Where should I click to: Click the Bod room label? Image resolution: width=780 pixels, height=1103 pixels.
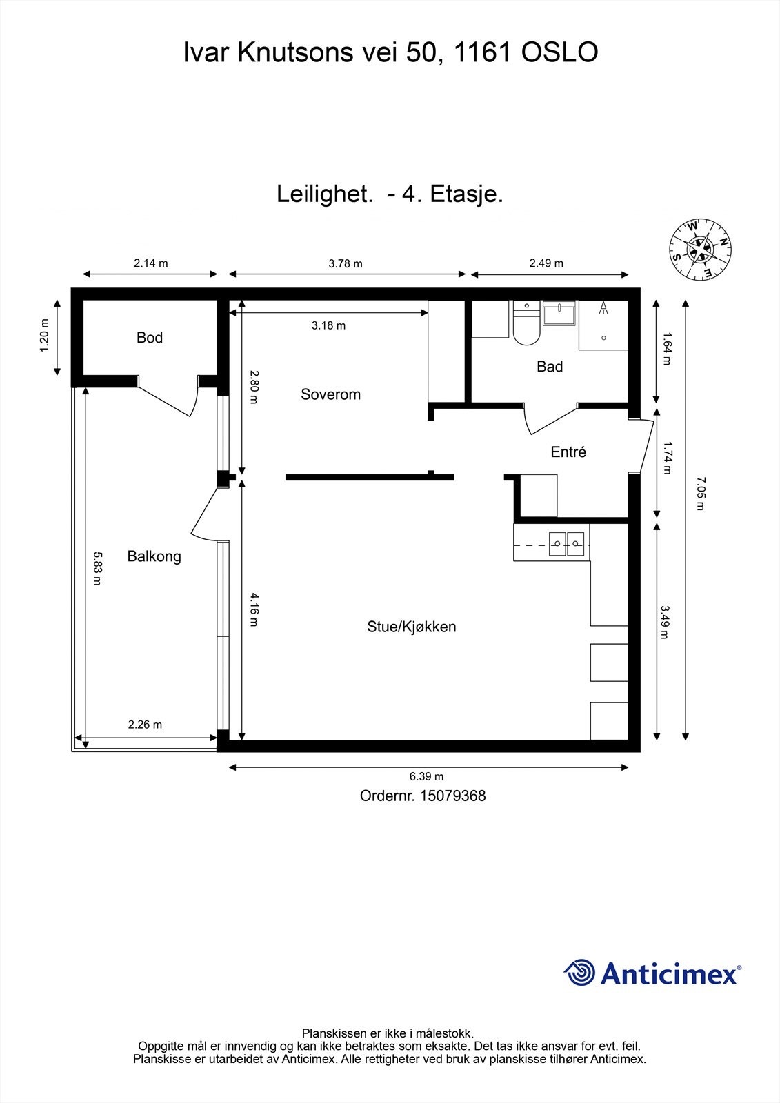pos(150,338)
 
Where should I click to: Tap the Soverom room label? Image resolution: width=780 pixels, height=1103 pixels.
pos(330,394)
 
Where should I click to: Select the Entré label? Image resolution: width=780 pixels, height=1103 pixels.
pos(568,452)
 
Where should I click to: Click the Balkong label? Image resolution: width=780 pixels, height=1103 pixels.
pos(154,556)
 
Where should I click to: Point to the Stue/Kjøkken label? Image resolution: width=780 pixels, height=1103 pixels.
pos(411,627)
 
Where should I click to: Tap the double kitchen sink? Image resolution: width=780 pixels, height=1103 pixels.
pos(566,544)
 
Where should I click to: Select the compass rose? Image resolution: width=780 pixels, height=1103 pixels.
pos(700,250)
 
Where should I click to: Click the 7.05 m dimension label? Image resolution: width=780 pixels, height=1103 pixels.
pos(701,492)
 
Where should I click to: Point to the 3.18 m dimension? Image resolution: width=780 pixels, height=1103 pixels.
pos(328,325)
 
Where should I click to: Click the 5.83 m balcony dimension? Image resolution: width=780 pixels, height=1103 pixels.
pos(97,567)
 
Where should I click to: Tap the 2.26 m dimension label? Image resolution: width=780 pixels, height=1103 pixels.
pos(145,725)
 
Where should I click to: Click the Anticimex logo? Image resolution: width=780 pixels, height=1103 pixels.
pos(652,973)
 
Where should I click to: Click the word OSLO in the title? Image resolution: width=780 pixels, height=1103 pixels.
pos(559,52)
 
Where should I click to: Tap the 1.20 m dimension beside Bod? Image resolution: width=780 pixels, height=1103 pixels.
pos(44,336)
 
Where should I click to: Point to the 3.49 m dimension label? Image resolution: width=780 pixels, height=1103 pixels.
pos(664,622)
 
